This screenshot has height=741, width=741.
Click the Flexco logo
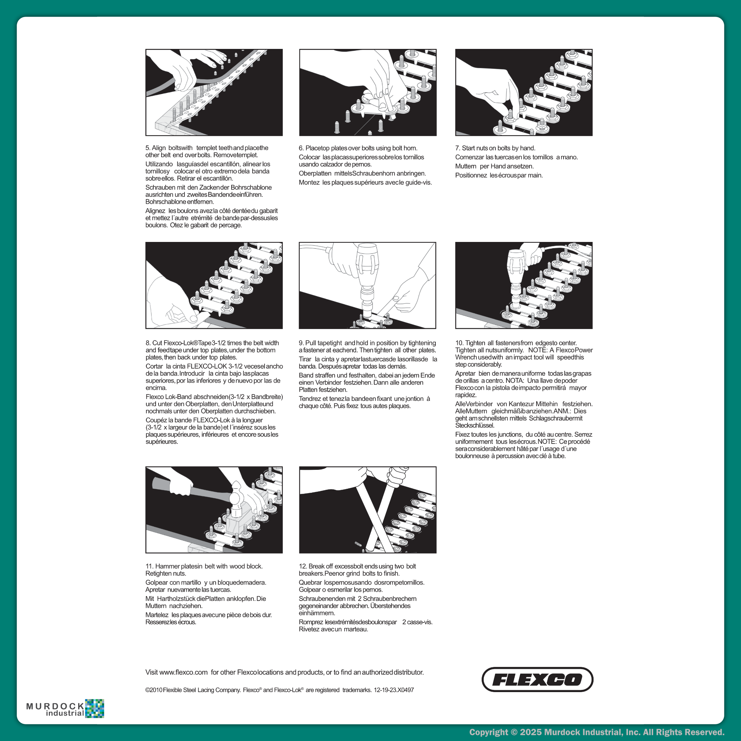pyautogui.click(x=537, y=679)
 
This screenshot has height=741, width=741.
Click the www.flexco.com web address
pyautogui.click(x=183, y=672)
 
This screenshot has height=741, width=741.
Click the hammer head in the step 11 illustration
pyautogui.click(x=237, y=500)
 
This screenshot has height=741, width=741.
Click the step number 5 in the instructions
pyautogui.click(x=148, y=148)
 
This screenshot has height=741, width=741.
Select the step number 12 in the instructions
pyautogui.click(x=303, y=566)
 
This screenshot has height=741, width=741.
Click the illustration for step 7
pyautogui.click(x=524, y=92)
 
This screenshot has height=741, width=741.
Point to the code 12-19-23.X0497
pyautogui.click(x=393, y=690)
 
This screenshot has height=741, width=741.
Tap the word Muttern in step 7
pyautogui.click(x=466, y=166)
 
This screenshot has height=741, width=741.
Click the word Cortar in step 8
pyautogui.click(x=154, y=366)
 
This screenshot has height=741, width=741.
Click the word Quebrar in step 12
pyautogui.click(x=309, y=582)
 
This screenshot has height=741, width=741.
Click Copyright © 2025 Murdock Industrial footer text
pyautogui.click(x=597, y=732)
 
